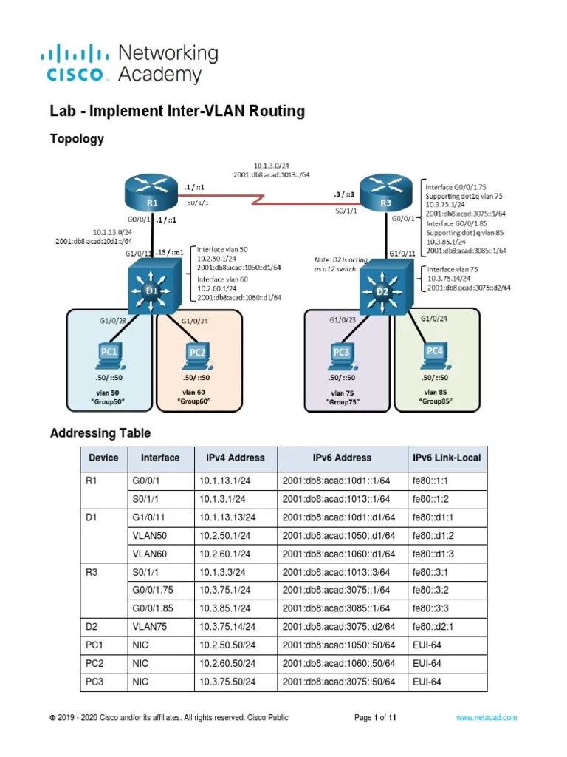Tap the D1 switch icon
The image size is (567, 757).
[x=152, y=290]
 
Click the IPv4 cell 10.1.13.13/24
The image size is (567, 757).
[x=227, y=515]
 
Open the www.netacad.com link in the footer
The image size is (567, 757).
[x=486, y=717]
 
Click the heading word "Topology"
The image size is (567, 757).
[x=76, y=138]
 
